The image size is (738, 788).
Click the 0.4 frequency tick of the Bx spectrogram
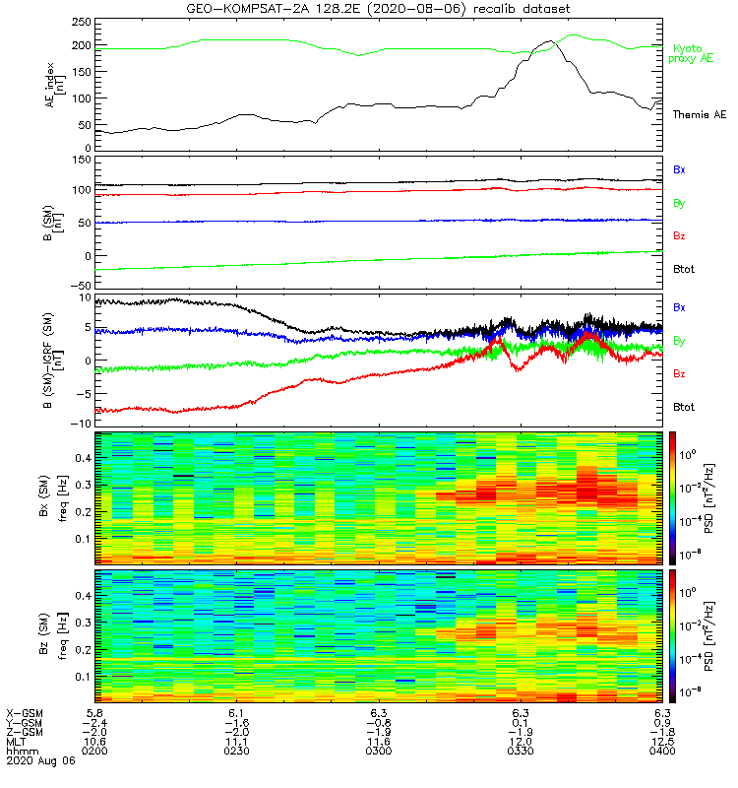click(80, 458)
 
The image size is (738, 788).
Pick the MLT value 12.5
click(661, 742)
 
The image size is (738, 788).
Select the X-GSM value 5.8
click(96, 712)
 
